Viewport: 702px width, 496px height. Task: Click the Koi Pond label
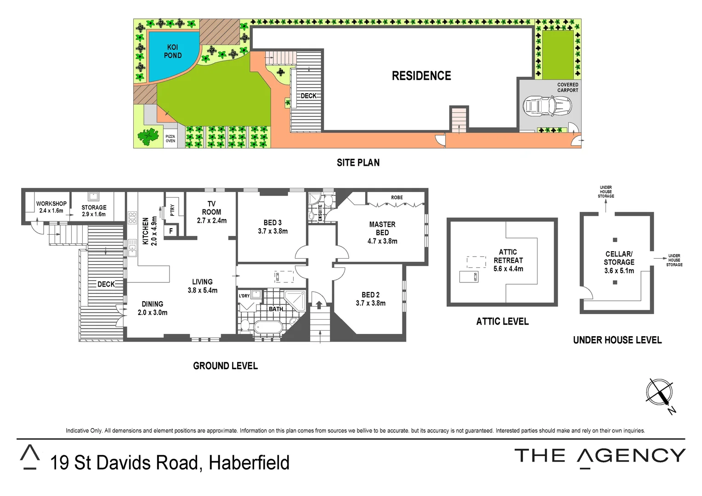173,51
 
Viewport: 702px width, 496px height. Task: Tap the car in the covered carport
547,107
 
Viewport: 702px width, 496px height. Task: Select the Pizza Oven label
170,139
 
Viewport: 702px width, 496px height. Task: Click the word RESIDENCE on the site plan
421,76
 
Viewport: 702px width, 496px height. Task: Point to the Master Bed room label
382,228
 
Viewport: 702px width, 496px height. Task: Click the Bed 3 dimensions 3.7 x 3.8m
273,231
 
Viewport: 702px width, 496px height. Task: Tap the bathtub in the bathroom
268,327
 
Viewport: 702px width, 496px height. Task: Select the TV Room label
211,208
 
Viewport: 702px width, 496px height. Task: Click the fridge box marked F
171,231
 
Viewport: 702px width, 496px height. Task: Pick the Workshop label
51,203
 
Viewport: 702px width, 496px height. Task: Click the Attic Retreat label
508,256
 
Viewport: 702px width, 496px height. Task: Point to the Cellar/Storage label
619,258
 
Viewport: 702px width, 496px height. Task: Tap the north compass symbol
659,393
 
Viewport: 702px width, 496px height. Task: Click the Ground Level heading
225,366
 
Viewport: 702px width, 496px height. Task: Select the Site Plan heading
358,163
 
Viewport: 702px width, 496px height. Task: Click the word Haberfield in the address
249,463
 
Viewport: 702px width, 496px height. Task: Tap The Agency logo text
600,456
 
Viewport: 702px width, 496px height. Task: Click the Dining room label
153,304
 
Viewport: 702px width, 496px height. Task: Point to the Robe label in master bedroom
397,197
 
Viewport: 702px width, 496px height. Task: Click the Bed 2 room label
370,295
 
